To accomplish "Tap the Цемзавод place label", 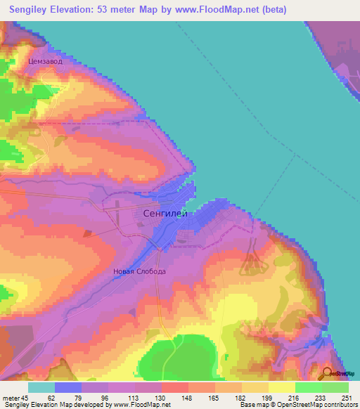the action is pyautogui.click(x=46, y=62).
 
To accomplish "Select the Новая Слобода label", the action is pyautogui.click(x=140, y=271).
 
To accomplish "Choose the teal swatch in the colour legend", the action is pyautogui.click(x=41, y=387).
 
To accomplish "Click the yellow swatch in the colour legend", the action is pyautogui.click(x=281, y=387).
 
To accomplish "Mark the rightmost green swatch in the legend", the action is pyautogui.click(x=335, y=387).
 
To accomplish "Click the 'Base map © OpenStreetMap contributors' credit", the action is pyautogui.click(x=296, y=404).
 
